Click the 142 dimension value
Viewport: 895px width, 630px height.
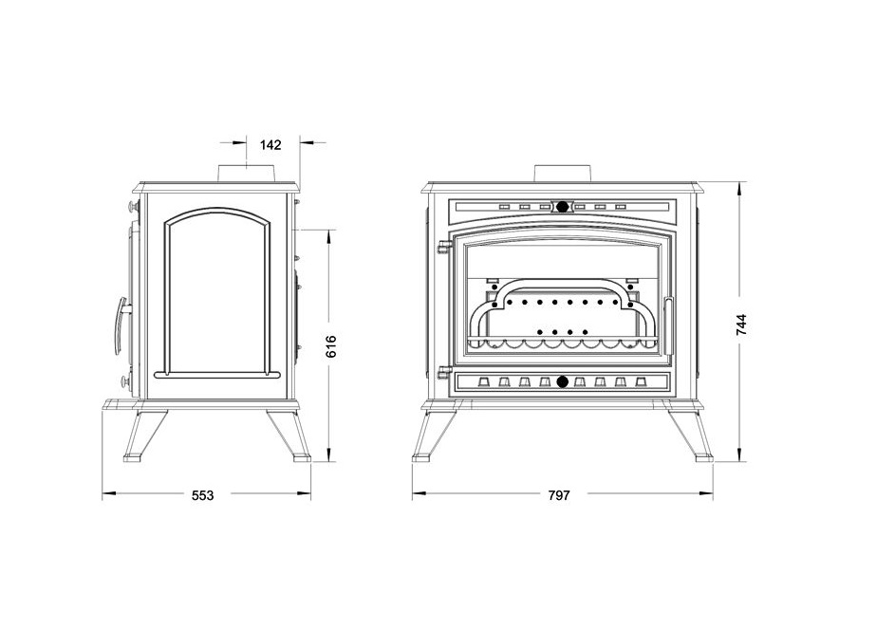[270, 145]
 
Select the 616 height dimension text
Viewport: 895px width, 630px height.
[331, 346]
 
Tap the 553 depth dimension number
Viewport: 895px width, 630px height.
[202, 495]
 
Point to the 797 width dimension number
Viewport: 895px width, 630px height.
[559, 495]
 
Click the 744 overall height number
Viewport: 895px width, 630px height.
[741, 324]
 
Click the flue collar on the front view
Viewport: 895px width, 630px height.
[562, 174]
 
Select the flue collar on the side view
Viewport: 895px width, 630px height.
[247, 174]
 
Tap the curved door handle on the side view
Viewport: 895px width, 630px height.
[121, 325]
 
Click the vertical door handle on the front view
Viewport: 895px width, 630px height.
[668, 325]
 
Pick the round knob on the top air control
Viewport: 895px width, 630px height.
[562, 207]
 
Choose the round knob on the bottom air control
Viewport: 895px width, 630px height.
[562, 381]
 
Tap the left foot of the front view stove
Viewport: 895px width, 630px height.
[421, 456]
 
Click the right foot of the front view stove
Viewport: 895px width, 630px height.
[703, 456]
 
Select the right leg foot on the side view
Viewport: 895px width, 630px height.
[302, 457]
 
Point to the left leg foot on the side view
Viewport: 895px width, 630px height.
[133, 457]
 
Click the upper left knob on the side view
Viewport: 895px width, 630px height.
[134, 204]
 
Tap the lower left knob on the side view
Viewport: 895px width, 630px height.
[125, 381]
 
